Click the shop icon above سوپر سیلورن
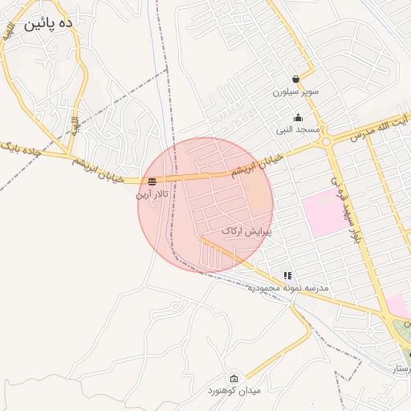pos(296,79)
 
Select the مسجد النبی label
pos(299,129)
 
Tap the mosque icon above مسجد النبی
pos(298,117)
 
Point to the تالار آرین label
pos(152,193)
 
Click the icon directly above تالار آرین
pos(153,181)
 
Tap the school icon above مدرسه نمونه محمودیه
pos(287,275)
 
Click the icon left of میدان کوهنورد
pos(234,379)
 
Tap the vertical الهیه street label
pos(74,126)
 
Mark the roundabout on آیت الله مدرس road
pos(327,142)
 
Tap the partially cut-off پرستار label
pos(398,368)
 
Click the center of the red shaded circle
pos(205,205)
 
